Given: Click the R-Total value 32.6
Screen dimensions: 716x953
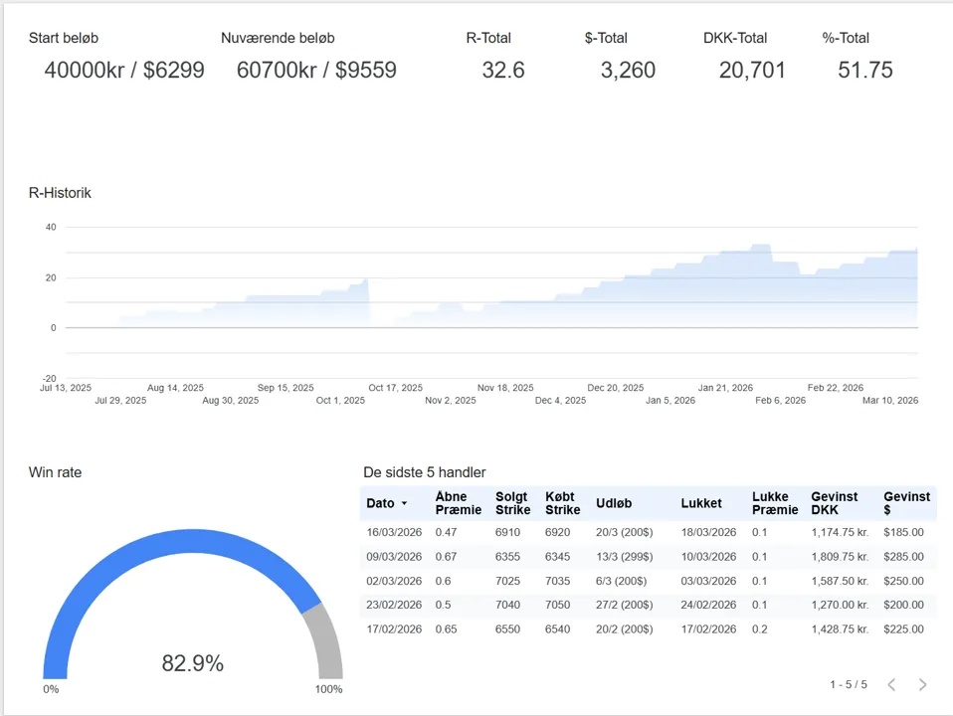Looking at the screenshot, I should [502, 70].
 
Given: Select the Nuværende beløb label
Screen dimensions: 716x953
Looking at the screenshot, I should [278, 38].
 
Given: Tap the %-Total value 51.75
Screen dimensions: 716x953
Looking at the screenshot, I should [864, 70].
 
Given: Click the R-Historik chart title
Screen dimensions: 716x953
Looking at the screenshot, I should [60, 193].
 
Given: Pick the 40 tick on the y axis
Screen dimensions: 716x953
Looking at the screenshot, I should [50, 227].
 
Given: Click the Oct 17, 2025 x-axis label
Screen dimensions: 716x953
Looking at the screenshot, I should [395, 388].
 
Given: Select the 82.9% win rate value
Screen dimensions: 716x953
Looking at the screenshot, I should [192, 663].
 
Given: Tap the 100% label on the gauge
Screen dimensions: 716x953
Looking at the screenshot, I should [328, 689].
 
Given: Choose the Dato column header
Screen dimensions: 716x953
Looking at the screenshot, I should [381, 503].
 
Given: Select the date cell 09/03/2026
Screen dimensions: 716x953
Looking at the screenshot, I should [394, 556].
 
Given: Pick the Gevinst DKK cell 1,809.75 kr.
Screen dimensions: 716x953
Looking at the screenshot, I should [841, 556].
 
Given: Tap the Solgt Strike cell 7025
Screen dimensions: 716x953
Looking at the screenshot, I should [507, 581].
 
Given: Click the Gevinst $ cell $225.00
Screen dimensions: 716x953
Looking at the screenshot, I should [903, 628].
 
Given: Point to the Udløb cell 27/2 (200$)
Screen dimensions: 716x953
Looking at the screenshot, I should [624, 605].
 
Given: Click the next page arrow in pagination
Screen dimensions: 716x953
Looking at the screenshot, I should [922, 684].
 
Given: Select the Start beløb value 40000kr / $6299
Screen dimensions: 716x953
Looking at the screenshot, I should [124, 70].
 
